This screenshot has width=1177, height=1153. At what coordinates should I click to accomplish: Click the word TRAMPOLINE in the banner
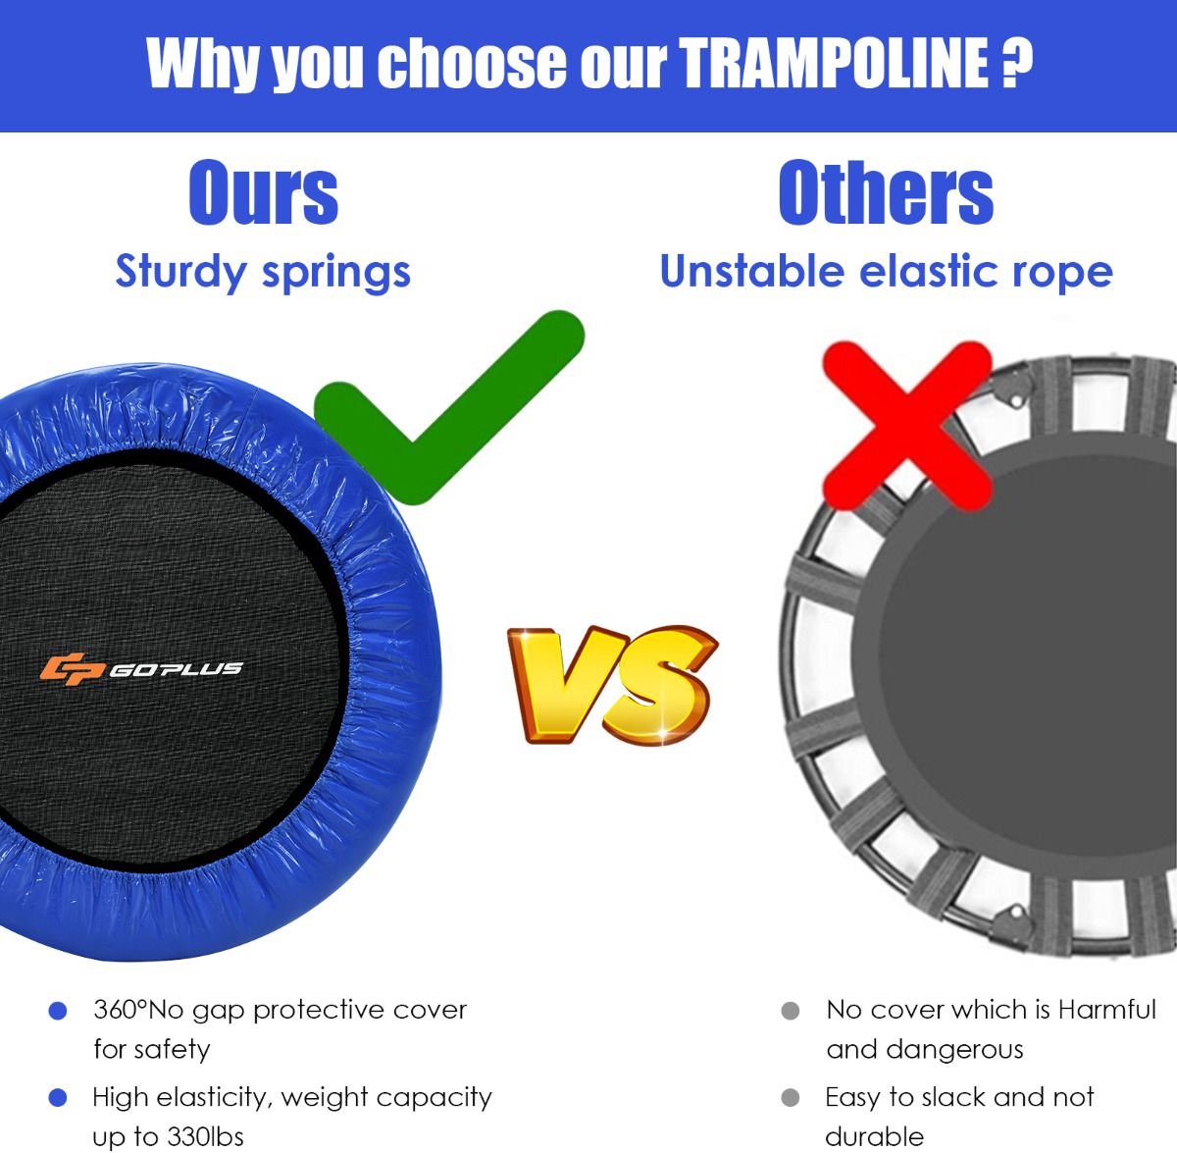click(833, 63)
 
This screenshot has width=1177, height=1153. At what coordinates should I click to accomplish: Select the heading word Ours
click(263, 191)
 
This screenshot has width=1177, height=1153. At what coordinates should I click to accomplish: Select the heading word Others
click(886, 191)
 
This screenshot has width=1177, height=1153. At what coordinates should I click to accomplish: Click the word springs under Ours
click(336, 273)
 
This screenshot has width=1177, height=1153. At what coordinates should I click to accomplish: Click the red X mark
click(906, 425)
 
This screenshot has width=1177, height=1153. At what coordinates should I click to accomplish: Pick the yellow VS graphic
click(613, 685)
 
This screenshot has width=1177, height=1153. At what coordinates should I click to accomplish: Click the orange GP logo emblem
click(72, 668)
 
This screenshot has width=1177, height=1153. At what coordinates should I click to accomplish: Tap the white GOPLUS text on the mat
click(176, 668)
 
